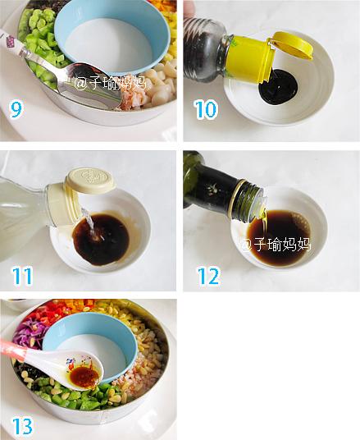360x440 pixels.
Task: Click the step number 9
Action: click(16, 109)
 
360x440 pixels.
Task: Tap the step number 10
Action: click(206, 109)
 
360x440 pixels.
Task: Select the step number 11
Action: click(22, 276)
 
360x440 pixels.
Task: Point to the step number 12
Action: click(208, 276)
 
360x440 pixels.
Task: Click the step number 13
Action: click(22, 426)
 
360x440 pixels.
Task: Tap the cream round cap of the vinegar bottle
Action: click(90, 181)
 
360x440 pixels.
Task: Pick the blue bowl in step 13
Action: click(89, 345)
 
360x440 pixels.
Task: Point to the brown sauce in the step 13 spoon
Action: click(84, 376)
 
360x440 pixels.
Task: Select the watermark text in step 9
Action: click(110, 84)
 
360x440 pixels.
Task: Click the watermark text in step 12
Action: click(276, 244)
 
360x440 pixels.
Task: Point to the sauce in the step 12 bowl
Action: click(278, 238)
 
